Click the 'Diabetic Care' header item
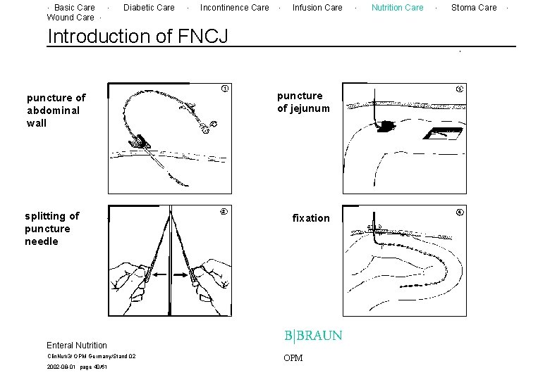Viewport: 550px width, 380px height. (149, 8)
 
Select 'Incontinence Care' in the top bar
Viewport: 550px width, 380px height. (234, 8)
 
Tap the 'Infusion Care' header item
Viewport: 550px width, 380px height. (317, 8)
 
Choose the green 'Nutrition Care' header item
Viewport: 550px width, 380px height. (398, 8)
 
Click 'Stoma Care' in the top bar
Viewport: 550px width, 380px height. (474, 8)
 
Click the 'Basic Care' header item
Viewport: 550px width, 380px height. (74, 8)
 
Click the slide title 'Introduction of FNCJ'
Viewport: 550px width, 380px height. (137, 36)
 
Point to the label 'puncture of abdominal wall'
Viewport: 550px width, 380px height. (56, 110)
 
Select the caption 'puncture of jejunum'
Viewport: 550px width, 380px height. (303, 102)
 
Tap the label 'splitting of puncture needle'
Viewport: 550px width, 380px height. (52, 229)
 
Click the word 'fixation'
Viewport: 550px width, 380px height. (311, 218)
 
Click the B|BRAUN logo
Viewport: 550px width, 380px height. (313, 336)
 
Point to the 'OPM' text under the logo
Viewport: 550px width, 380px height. (293, 358)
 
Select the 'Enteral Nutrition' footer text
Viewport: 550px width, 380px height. (77, 346)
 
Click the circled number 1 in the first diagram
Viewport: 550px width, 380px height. (224, 89)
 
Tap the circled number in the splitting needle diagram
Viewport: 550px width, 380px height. (224, 212)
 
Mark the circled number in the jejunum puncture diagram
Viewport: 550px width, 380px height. (460, 89)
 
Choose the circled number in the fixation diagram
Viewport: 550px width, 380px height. (460, 212)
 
